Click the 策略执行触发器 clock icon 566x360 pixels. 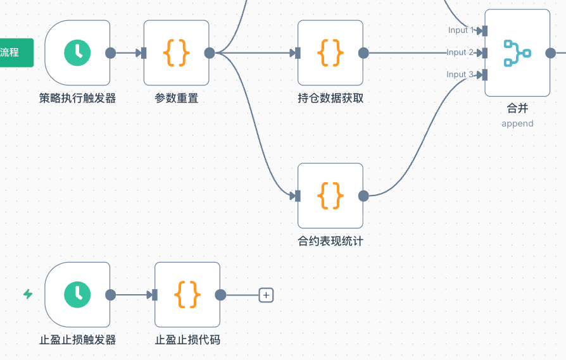pyautogui.click(x=77, y=53)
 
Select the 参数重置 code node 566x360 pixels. pyautogui.click(x=176, y=53)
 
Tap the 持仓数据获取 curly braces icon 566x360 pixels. pyautogui.click(x=330, y=53)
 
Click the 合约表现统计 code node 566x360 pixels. pyautogui.click(x=330, y=196)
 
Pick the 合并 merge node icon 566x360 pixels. pyautogui.click(x=517, y=53)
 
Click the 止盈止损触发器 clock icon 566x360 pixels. pyautogui.click(x=77, y=294)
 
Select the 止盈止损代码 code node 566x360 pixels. pyautogui.click(x=187, y=294)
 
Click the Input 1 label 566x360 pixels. pyautogui.click(x=462, y=30)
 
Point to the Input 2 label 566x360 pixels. pyautogui.click(x=460, y=53)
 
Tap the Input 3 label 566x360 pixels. pyautogui.click(x=460, y=75)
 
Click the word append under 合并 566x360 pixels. pyautogui.click(x=517, y=123)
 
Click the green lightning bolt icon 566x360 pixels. pyautogui.click(x=28, y=294)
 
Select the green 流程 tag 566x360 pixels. pyautogui.click(x=14, y=53)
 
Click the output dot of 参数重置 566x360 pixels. pyautogui.click(x=210, y=53)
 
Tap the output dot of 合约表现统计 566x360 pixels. pyautogui.click(x=363, y=196)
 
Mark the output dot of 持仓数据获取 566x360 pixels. pyautogui.click(x=363, y=53)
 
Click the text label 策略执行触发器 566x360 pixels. pyautogui.click(x=77, y=98)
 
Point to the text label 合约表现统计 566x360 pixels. pyautogui.click(x=330, y=241)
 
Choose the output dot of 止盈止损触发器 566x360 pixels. pyautogui.click(x=110, y=294)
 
